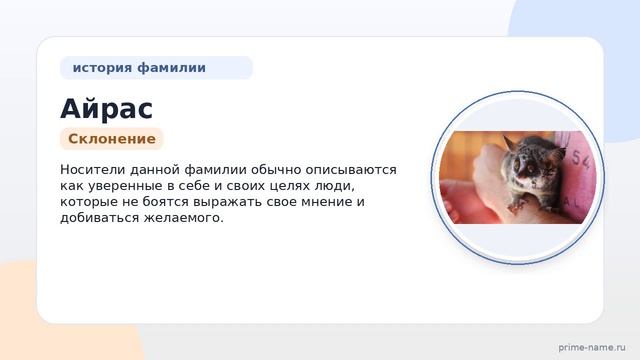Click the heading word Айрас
pos(107,109)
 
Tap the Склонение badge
pos(112,139)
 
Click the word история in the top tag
pos(102,68)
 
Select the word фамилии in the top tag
pos(171,67)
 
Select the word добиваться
pos(100,218)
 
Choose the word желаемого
pos(183,218)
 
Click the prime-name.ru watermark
pos(592,347)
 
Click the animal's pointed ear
pos(509,143)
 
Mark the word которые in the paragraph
pos(90,202)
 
